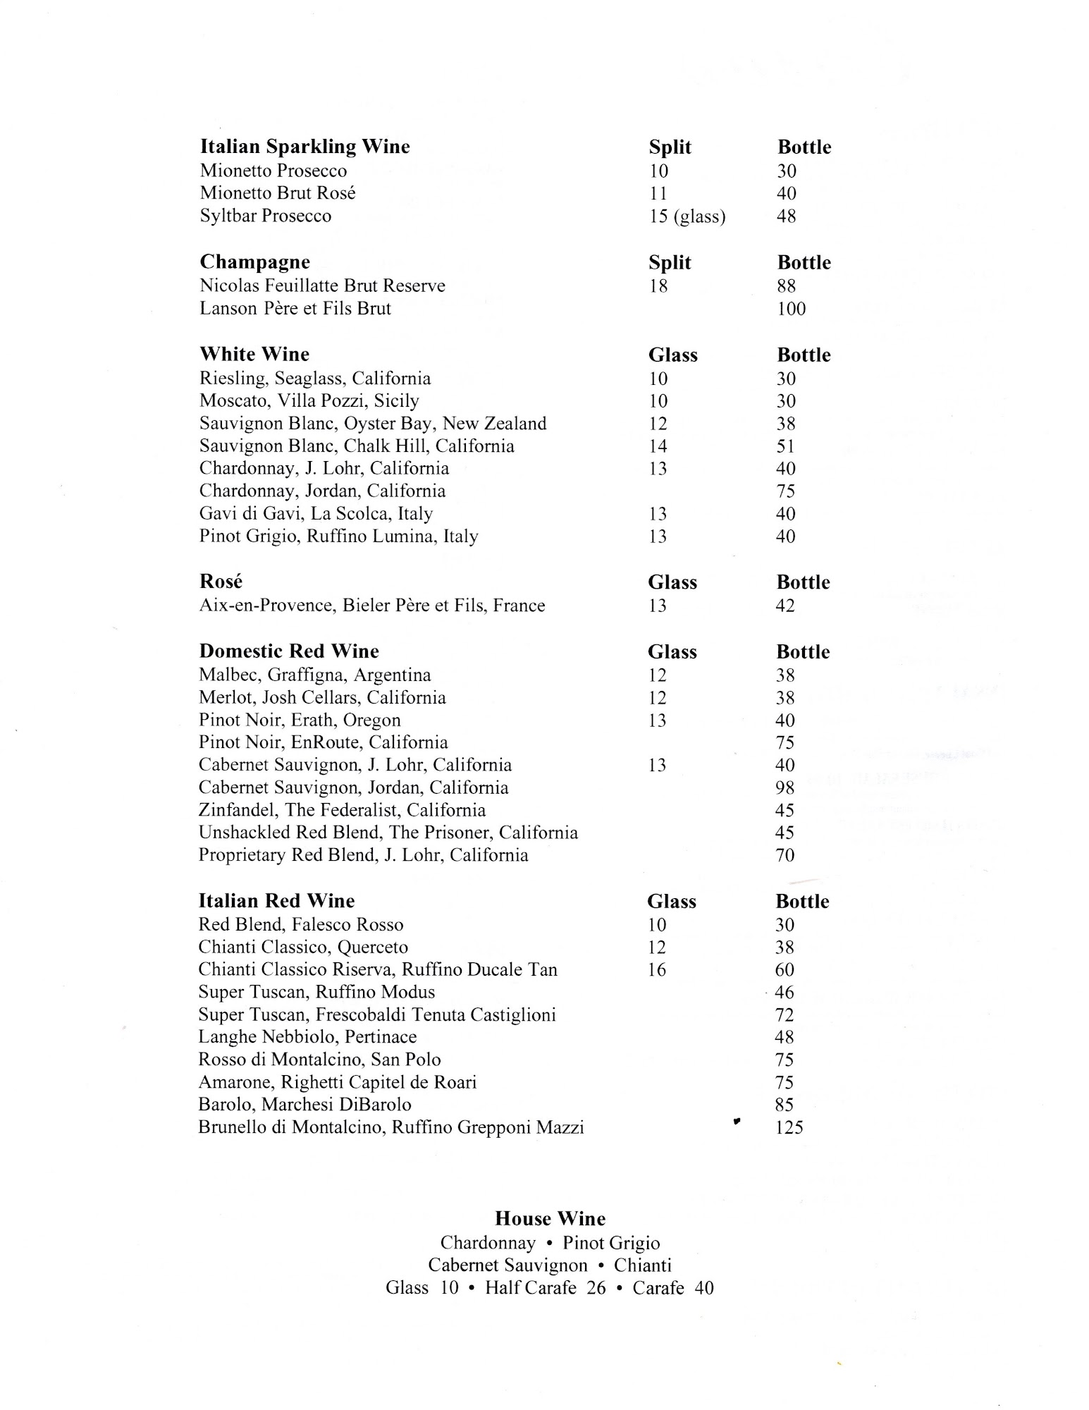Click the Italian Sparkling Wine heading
coord(304,147)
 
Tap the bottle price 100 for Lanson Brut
coord(791,309)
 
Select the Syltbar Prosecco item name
coord(265,216)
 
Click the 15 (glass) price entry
coord(687,216)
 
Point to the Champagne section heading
coord(254,262)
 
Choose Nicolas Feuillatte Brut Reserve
coord(322,286)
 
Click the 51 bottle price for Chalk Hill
coord(785,446)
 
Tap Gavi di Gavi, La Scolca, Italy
coord(316,514)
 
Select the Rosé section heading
coord(221,582)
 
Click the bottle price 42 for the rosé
coord(785,606)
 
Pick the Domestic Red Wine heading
coord(288,651)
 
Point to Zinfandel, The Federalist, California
coord(342,810)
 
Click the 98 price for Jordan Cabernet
coord(785,787)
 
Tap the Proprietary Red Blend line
coord(363,855)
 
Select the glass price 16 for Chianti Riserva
coord(656,970)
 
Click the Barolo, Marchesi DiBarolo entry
coord(304,1105)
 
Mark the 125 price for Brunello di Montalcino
coord(789,1127)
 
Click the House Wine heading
coord(550,1219)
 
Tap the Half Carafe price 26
coord(596,1288)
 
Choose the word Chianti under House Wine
coord(642,1265)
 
